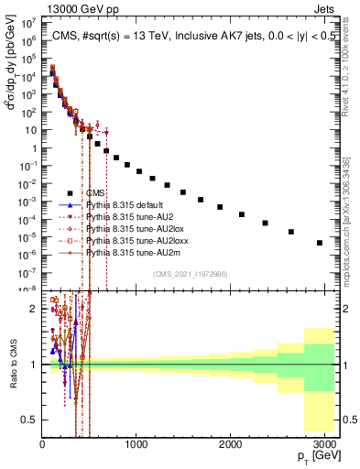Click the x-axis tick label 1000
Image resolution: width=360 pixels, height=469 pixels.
pos(136,444)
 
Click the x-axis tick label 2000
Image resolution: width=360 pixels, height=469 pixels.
pos(229,444)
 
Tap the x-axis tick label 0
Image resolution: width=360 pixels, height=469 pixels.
pos(42,444)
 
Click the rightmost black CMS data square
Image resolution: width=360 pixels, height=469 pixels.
pos(319,243)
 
